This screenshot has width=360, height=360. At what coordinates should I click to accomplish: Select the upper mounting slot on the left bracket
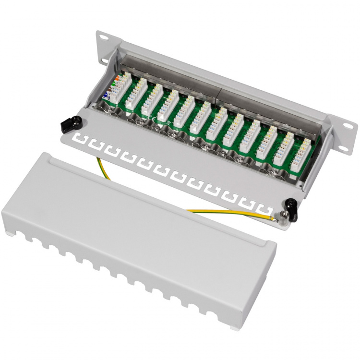pyautogui.click(x=102, y=37)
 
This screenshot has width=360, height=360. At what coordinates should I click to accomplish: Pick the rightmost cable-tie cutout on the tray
pyautogui.click(x=263, y=209)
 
